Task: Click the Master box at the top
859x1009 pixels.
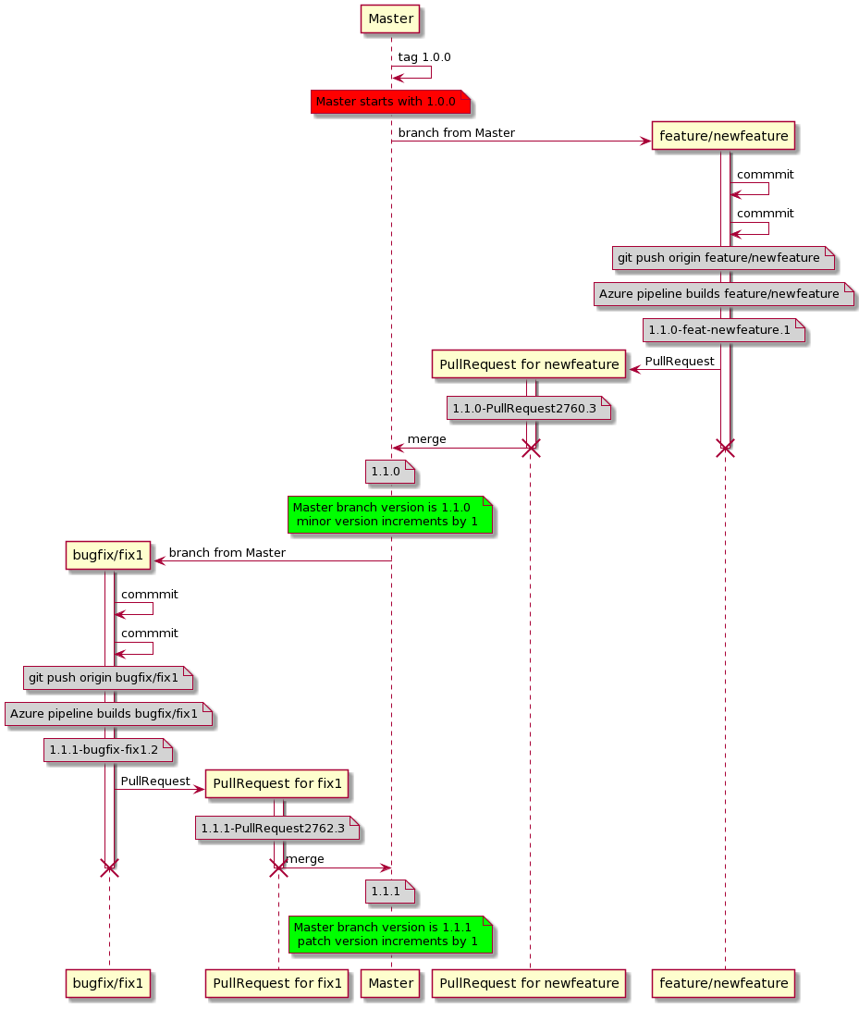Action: (390, 18)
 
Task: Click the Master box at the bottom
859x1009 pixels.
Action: (390, 982)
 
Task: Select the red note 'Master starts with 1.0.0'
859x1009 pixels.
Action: (385, 101)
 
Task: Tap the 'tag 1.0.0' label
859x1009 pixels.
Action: (423, 57)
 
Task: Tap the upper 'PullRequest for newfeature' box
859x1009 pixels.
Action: (529, 364)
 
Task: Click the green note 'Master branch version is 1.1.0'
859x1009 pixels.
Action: (389, 514)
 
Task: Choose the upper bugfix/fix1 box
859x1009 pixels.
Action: (109, 556)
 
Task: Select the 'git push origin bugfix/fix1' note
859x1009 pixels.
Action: (108, 678)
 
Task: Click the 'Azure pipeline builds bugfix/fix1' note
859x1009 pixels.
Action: (108, 714)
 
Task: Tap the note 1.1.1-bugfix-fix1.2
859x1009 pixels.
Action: (108, 749)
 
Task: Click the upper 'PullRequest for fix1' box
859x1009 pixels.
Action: (277, 784)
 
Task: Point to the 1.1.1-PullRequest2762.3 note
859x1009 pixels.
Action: (277, 828)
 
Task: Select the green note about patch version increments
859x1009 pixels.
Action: (389, 934)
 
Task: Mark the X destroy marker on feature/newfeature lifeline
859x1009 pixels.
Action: (725, 449)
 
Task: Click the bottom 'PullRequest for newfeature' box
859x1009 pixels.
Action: (529, 982)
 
